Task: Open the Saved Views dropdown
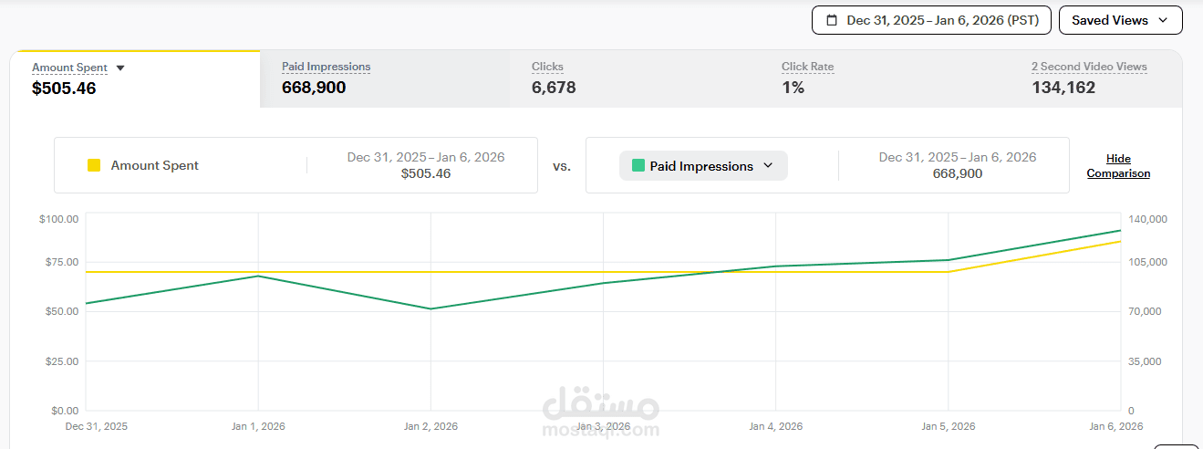pyautogui.click(x=1120, y=20)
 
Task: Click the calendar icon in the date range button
pyautogui.click(x=832, y=20)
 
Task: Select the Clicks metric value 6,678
pyautogui.click(x=554, y=88)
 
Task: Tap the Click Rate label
pyautogui.click(x=808, y=67)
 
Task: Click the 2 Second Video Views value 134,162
pyautogui.click(x=1063, y=88)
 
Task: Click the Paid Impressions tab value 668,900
pyautogui.click(x=314, y=88)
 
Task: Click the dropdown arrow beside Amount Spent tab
pyautogui.click(x=120, y=68)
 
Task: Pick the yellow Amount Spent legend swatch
pyautogui.click(x=94, y=165)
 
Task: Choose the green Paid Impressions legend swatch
pyautogui.click(x=638, y=165)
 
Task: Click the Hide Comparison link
pyautogui.click(x=1119, y=166)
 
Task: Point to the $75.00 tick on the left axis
pyautogui.click(x=62, y=262)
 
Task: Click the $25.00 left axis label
pyautogui.click(x=62, y=361)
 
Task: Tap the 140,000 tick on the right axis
pyautogui.click(x=1147, y=219)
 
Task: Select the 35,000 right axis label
pyautogui.click(x=1145, y=361)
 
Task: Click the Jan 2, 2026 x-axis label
pyautogui.click(x=430, y=426)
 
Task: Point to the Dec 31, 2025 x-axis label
pyautogui.click(x=97, y=426)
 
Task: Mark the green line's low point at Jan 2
pyautogui.click(x=430, y=308)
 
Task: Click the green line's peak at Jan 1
pyautogui.click(x=258, y=276)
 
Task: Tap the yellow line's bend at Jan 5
pyautogui.click(x=949, y=272)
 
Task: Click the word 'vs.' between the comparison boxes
pyautogui.click(x=562, y=166)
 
